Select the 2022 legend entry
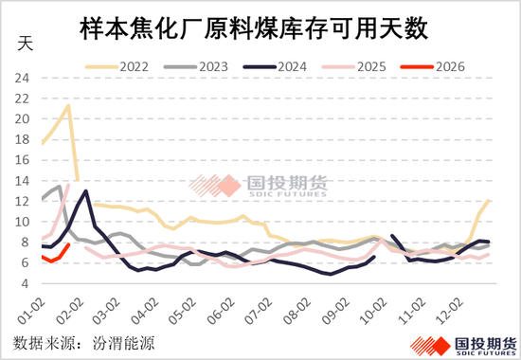point(136,66)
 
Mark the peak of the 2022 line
point(68,105)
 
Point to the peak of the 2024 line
point(86,191)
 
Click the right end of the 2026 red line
point(68,244)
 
